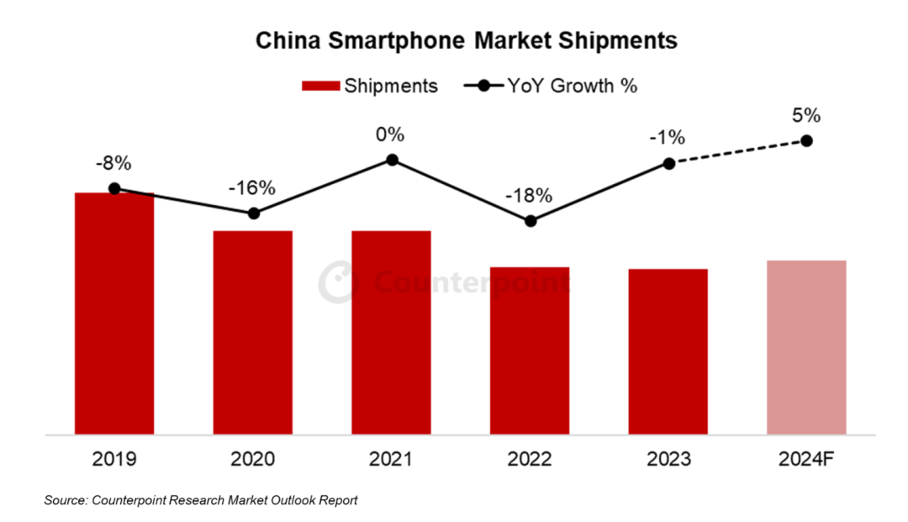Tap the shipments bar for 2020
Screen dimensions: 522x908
pos(253,332)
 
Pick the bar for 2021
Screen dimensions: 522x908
pos(391,332)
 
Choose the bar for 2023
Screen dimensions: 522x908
pos(668,351)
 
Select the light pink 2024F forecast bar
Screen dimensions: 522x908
pos(806,347)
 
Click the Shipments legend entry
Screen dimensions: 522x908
pos(369,86)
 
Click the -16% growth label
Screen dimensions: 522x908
pos(252,187)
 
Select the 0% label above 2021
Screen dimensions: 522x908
pos(391,134)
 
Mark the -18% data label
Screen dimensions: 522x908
pos(530,196)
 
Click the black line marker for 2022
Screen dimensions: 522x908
pos(530,221)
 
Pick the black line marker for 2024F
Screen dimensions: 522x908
pos(807,140)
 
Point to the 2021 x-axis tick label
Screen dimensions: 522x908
pos(391,460)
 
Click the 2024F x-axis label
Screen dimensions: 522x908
pos(806,460)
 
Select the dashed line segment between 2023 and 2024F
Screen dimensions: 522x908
pos(737,152)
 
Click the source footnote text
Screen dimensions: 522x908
pos(201,500)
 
